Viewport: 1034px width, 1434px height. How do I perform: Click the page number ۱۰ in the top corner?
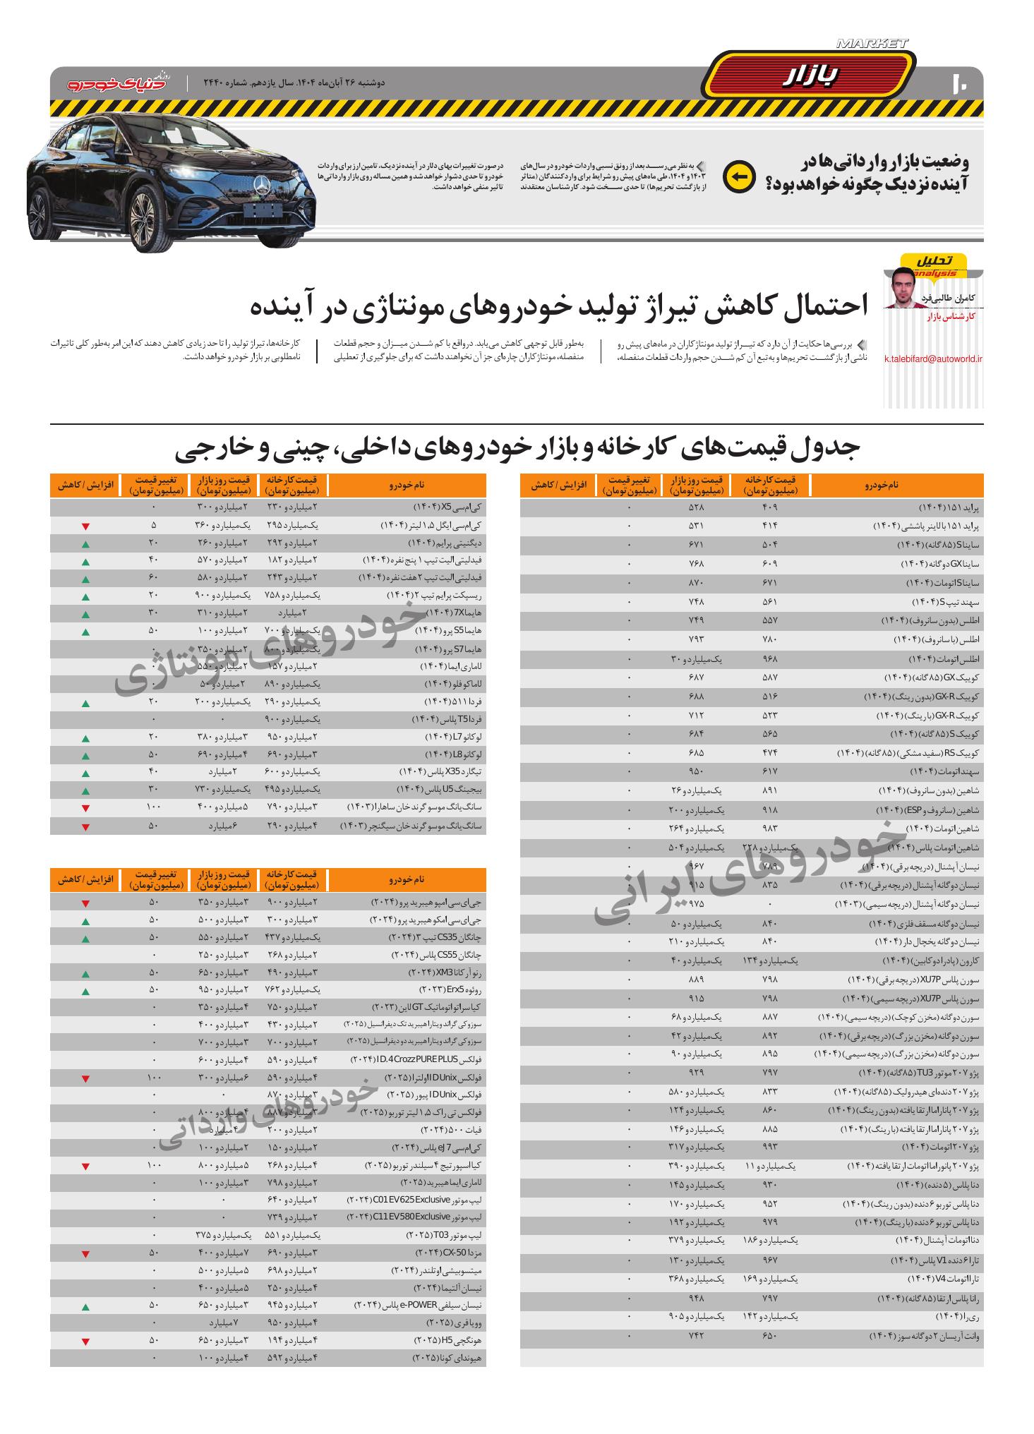tap(961, 82)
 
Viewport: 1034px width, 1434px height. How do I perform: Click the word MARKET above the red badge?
tap(872, 44)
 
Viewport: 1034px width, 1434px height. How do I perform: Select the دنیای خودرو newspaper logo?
tap(119, 83)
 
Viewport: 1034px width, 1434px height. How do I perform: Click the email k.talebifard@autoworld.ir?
tap(933, 358)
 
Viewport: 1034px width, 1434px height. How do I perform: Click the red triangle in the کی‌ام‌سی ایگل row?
tap(85, 526)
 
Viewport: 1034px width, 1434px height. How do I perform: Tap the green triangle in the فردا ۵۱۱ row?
tap(85, 703)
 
